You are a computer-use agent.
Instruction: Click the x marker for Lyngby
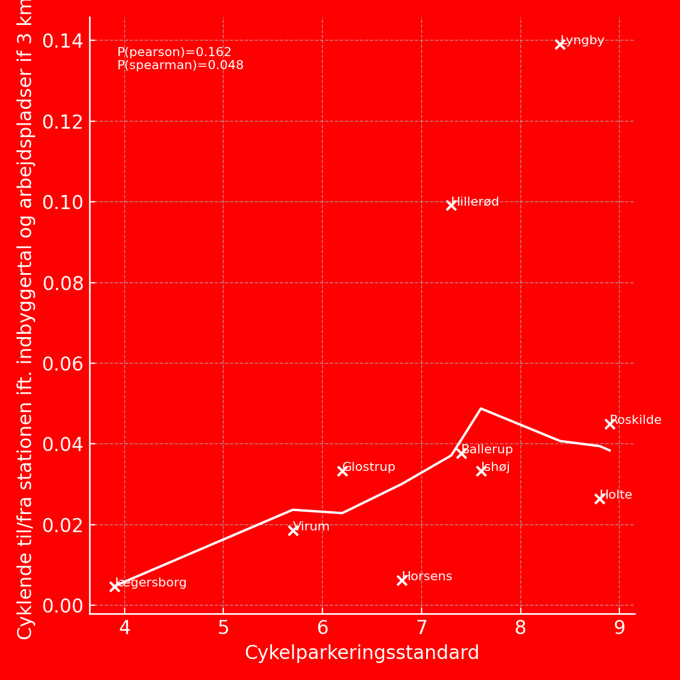pyautogui.click(x=560, y=44)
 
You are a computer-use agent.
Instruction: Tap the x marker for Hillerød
pyautogui.click(x=451, y=205)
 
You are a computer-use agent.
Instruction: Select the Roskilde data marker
pyautogui.click(x=610, y=424)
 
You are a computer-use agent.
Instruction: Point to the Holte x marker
pyautogui.click(x=600, y=499)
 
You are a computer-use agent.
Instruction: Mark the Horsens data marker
pyautogui.click(x=402, y=580)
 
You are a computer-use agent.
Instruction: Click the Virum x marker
pyautogui.click(x=293, y=530)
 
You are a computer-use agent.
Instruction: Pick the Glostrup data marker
pyautogui.click(x=342, y=471)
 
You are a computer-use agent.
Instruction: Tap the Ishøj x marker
pyautogui.click(x=481, y=471)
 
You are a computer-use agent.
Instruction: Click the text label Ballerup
pyautogui.click(x=487, y=449)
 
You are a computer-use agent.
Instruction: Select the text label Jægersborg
pyautogui.click(x=151, y=583)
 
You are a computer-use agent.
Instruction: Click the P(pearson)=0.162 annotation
pyautogui.click(x=175, y=52)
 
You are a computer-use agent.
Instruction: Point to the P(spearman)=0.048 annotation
pyautogui.click(x=180, y=65)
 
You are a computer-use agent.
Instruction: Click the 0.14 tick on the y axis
pyautogui.click(x=62, y=41)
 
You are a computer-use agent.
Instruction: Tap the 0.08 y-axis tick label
pyautogui.click(x=62, y=283)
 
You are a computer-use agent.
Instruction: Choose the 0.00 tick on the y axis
pyautogui.click(x=62, y=606)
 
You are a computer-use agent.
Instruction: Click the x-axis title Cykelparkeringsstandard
pyautogui.click(x=362, y=653)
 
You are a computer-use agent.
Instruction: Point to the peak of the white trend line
pyautogui.click(x=481, y=408)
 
